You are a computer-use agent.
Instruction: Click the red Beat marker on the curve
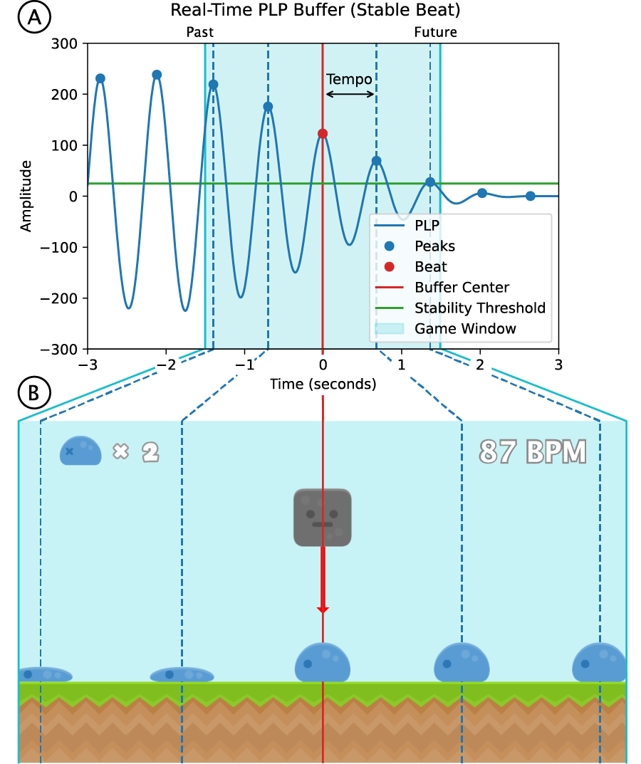[323, 134]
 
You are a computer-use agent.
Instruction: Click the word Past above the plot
[199, 32]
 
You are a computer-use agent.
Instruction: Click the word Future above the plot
[435, 32]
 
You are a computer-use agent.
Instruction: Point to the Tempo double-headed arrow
[350, 94]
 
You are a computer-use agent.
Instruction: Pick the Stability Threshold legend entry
[479, 308]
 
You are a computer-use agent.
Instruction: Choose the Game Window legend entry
[465, 328]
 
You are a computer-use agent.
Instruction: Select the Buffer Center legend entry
[462, 288]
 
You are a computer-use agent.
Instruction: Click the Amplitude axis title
[26, 196]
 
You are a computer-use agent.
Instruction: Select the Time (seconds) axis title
[323, 384]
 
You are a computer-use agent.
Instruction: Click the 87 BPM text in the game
[533, 452]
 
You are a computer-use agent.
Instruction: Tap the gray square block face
[323, 518]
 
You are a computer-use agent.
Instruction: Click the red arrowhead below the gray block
[323, 609]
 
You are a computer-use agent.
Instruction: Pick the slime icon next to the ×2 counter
[80, 451]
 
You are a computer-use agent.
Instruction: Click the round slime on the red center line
[323, 661]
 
